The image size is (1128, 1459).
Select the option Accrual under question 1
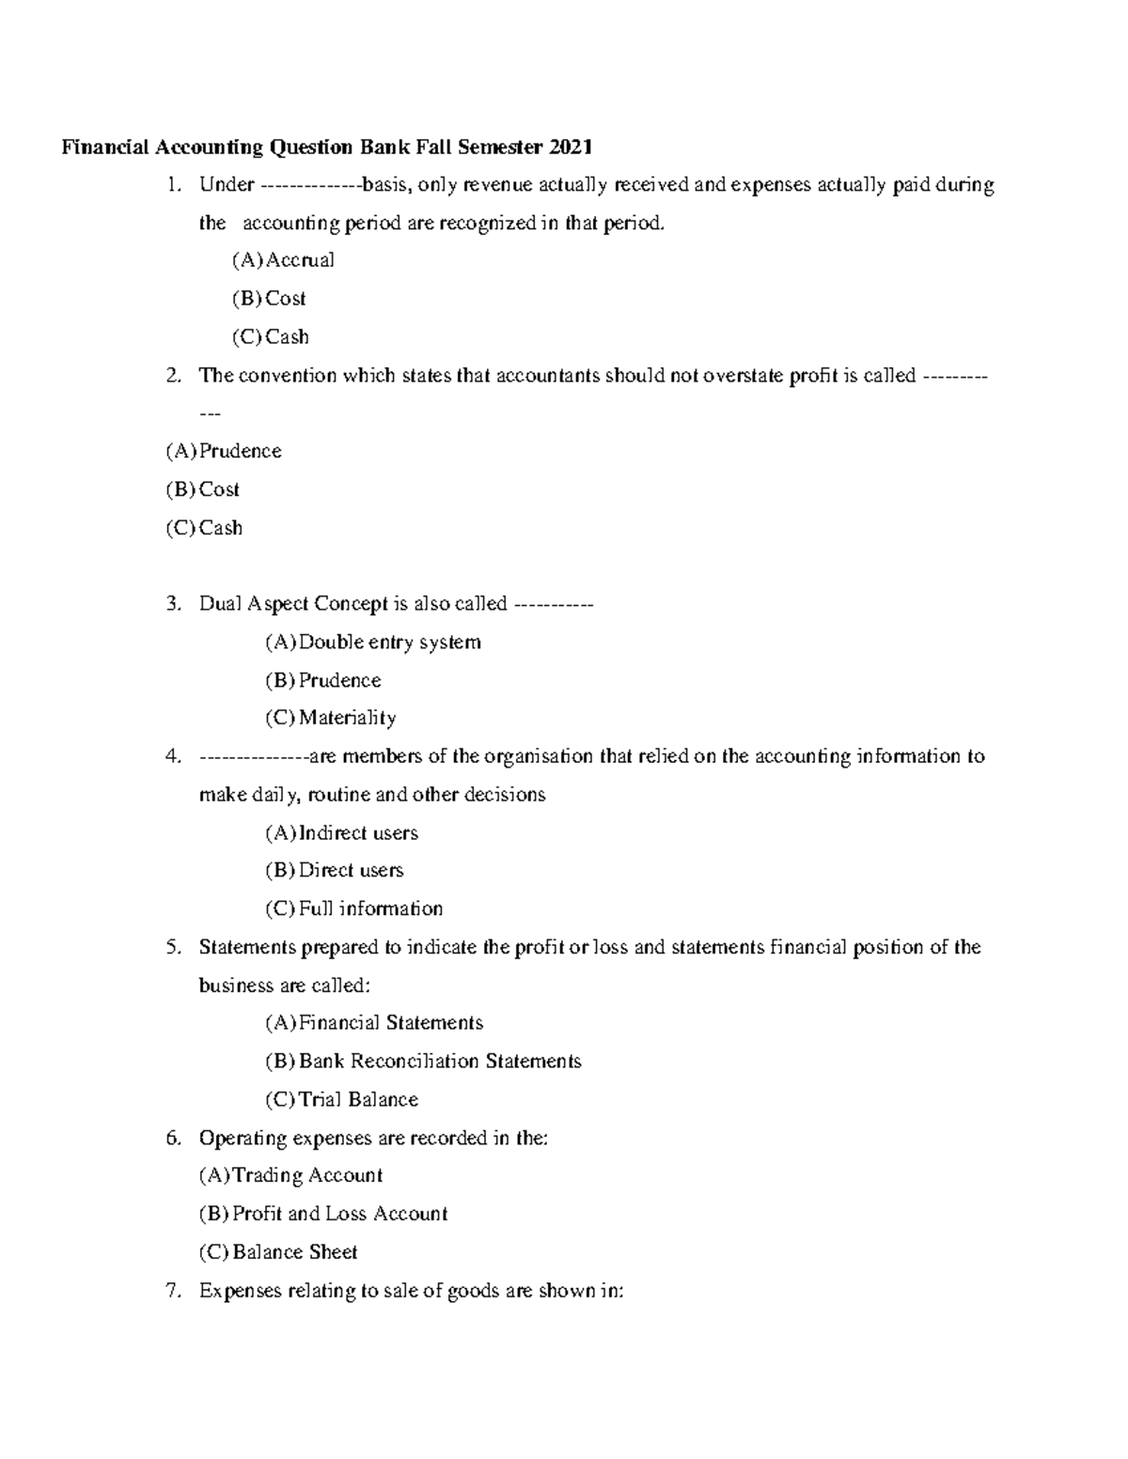click(299, 260)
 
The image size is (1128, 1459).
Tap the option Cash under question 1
click(286, 336)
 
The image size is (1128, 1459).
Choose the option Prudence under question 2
click(240, 451)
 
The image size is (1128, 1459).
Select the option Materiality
click(347, 718)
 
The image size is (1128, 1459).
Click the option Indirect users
click(357, 832)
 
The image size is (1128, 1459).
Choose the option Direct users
click(351, 870)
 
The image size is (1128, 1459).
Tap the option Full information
click(370, 908)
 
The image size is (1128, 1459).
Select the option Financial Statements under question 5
click(390, 1022)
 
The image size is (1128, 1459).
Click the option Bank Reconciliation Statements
click(439, 1061)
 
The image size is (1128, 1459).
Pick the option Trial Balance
click(357, 1099)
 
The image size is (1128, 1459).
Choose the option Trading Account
click(306, 1175)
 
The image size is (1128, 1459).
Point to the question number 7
click(171, 1291)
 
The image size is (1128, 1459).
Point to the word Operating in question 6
click(243, 1139)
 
